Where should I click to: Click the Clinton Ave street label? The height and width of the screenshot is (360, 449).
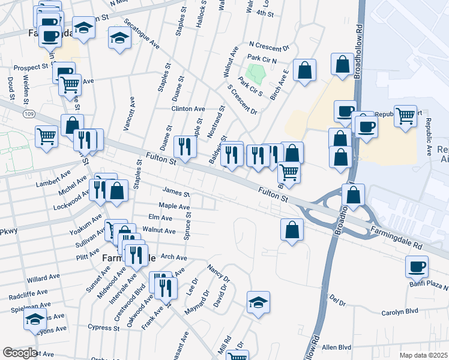pos(188,109)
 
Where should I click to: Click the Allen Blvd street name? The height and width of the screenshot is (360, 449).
pos(336,347)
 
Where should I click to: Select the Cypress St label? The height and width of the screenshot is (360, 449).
pos(103,328)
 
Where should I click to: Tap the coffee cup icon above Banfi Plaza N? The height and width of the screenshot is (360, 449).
pos(417,266)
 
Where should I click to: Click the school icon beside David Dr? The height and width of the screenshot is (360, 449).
pos(258,302)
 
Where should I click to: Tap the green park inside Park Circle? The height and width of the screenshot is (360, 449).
pos(257,74)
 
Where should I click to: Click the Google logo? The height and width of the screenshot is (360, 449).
pos(19,353)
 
